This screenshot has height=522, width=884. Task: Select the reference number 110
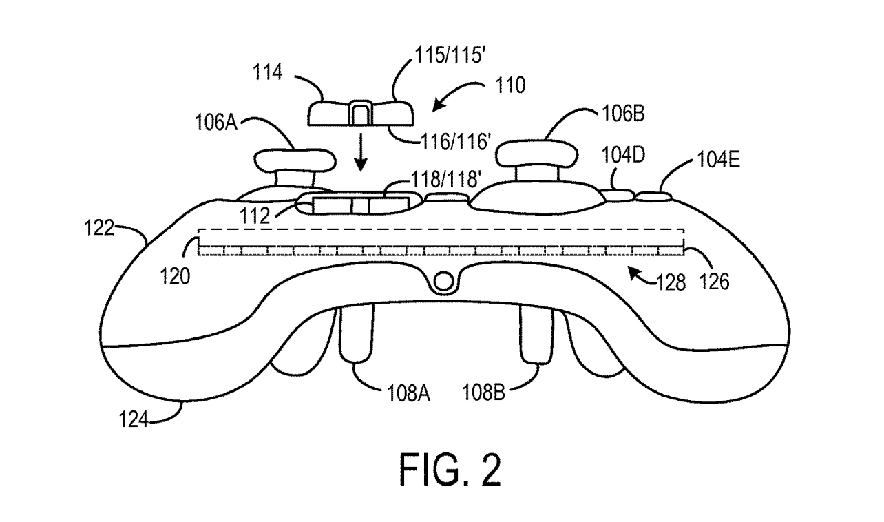[x=507, y=86]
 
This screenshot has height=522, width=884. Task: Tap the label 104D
[x=624, y=156]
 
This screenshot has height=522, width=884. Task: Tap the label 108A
[x=408, y=393]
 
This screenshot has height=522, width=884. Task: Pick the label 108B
[x=485, y=393]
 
